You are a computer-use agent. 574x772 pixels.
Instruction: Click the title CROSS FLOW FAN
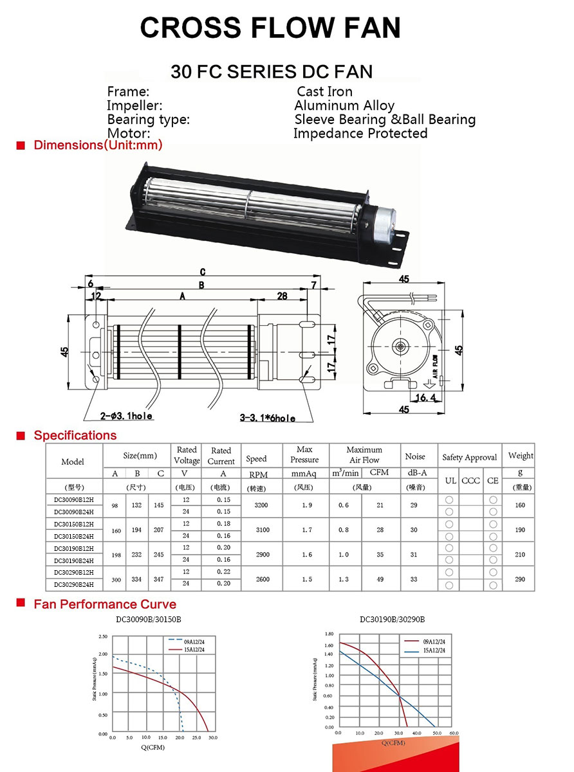tap(270, 28)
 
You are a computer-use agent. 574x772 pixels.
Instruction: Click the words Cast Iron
tap(324, 91)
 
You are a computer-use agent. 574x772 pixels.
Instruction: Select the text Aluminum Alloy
tap(344, 105)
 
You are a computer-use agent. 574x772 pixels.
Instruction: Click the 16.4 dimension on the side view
tap(425, 398)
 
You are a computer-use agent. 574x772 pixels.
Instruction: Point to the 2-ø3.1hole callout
tap(125, 417)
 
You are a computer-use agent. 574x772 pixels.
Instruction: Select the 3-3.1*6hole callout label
tap(267, 418)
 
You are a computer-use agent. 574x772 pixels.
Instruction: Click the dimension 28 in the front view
tap(282, 296)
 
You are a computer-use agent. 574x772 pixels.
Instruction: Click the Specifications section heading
tap(75, 435)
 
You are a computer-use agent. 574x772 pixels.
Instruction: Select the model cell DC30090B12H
tap(74, 499)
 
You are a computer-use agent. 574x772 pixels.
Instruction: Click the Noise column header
tap(415, 456)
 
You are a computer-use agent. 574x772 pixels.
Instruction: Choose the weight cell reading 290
tap(520, 579)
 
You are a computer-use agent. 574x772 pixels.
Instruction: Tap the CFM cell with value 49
tap(380, 579)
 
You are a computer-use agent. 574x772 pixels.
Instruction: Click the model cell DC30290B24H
tap(74, 585)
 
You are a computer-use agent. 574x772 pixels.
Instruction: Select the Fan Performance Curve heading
tap(105, 604)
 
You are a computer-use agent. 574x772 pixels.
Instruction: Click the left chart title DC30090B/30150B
tap(149, 620)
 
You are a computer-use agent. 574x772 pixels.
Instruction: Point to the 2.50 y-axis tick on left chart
tap(103, 636)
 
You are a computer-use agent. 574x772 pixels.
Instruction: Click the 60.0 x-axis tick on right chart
tap(454, 733)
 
